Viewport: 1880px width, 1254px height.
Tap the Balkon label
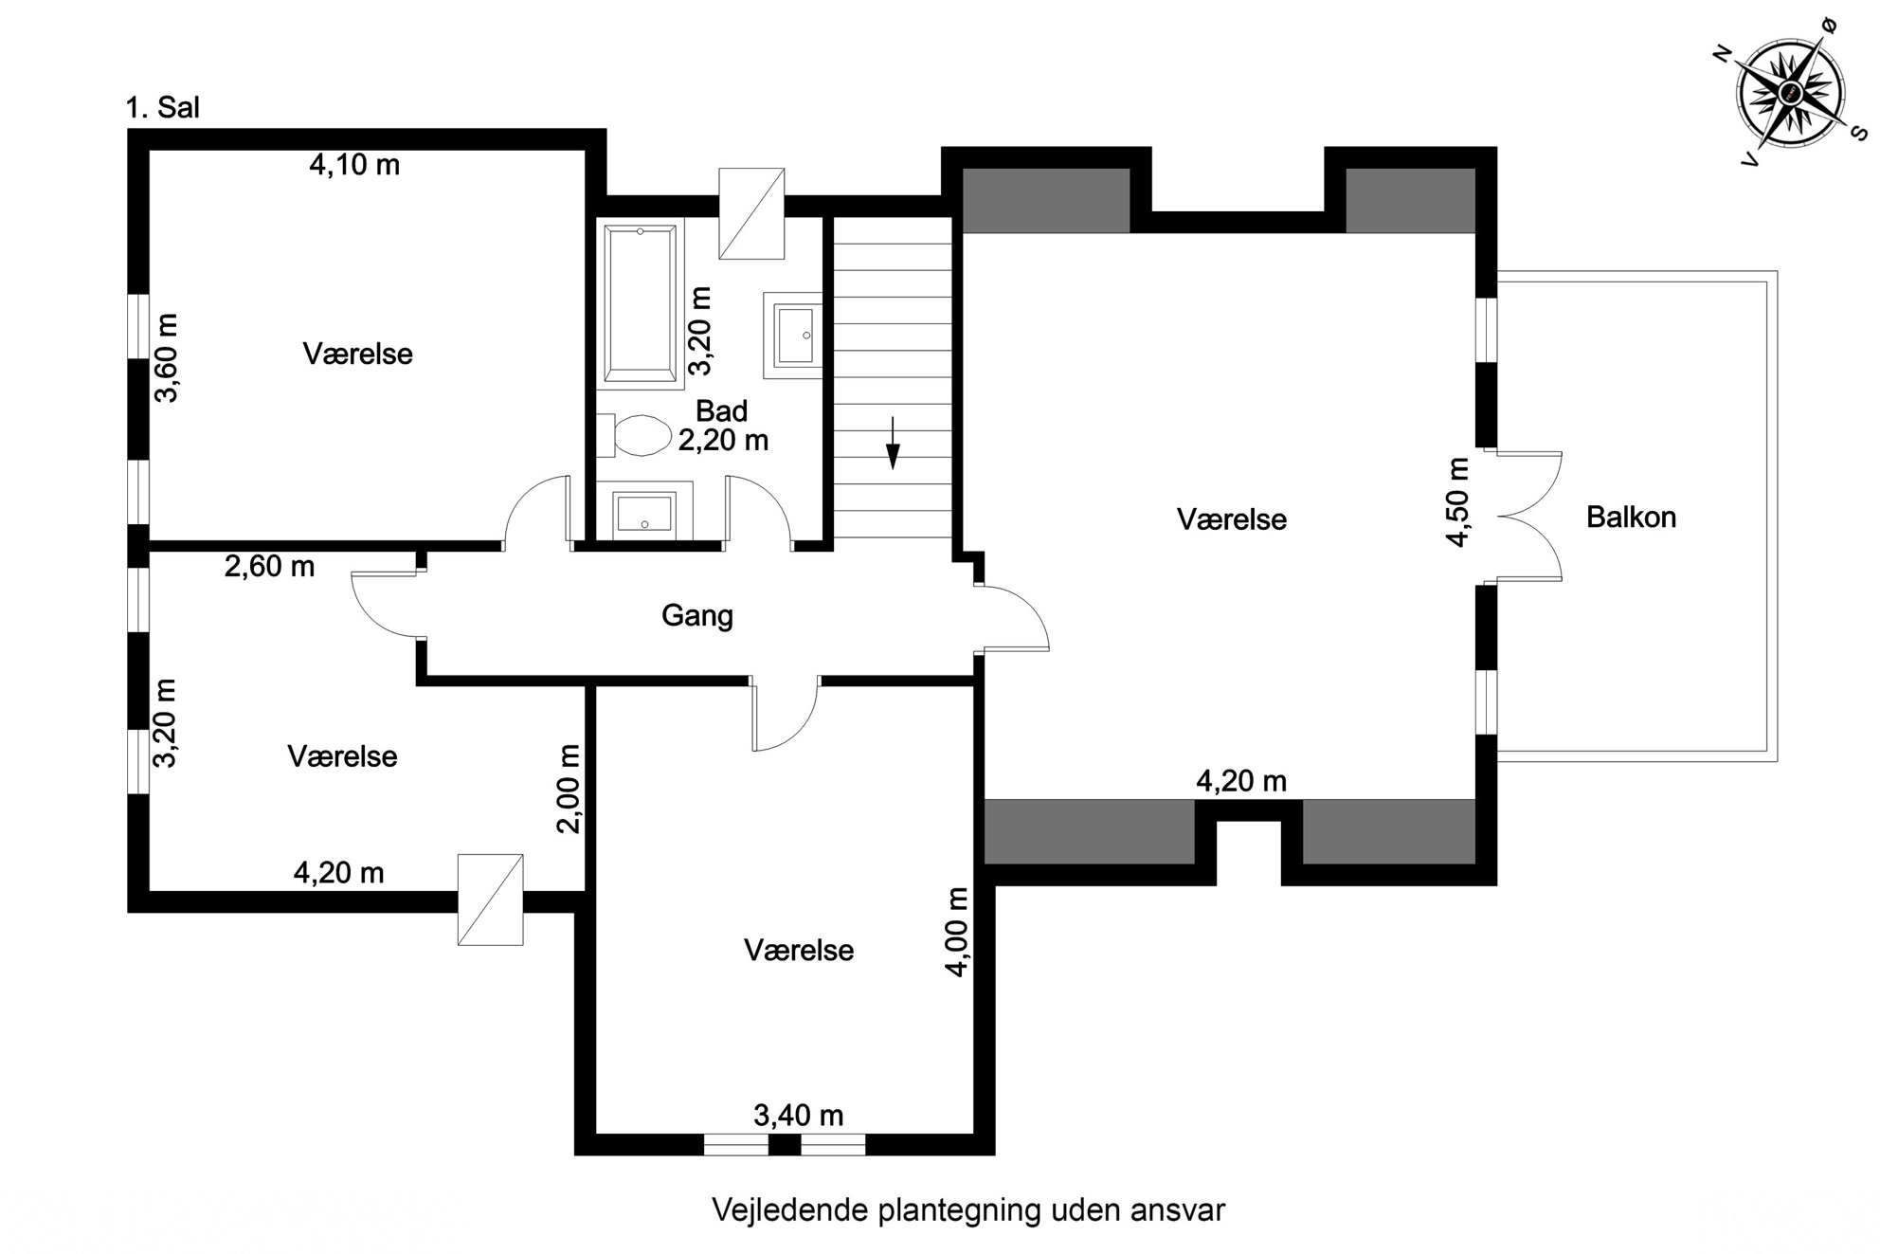[1631, 518]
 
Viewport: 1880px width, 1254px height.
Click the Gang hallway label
[697, 616]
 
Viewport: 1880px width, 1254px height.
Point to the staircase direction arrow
[893, 443]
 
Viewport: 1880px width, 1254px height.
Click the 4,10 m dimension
[354, 165]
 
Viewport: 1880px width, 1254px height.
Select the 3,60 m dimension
[167, 358]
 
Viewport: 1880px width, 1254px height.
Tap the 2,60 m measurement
[269, 567]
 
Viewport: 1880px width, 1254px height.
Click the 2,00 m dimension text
[569, 789]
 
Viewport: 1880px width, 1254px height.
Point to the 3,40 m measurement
[799, 1116]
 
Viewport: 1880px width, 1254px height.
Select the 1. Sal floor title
[163, 107]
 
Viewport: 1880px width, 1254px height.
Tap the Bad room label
[722, 411]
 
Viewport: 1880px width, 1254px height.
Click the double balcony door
[1528, 517]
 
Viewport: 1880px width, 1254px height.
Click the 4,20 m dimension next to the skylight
[338, 872]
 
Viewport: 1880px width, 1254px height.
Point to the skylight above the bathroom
[751, 213]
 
